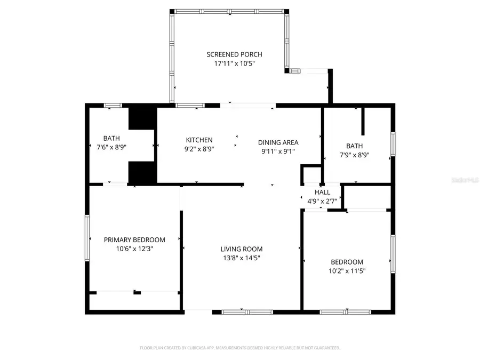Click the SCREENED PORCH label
pyautogui.click(x=234, y=54)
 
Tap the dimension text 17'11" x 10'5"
pyautogui.click(x=234, y=63)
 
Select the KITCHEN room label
pyautogui.click(x=199, y=140)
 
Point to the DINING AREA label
pyautogui.click(x=278, y=142)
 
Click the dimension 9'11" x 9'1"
pyautogui.click(x=278, y=151)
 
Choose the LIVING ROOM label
pyautogui.click(x=242, y=249)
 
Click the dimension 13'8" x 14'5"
pyautogui.click(x=242, y=258)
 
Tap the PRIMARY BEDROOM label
pyautogui.click(x=134, y=240)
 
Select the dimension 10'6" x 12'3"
pyautogui.click(x=134, y=249)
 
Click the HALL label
pyautogui.click(x=322, y=192)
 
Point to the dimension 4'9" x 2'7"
pyautogui.click(x=322, y=201)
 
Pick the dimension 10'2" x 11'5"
pyautogui.click(x=347, y=271)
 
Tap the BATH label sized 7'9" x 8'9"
pyautogui.click(x=354, y=146)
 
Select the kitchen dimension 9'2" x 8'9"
pyautogui.click(x=199, y=149)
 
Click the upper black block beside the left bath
pyautogui.click(x=142, y=118)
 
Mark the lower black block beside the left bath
pyautogui.click(x=142, y=173)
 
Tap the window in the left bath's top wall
pyautogui.click(x=112, y=105)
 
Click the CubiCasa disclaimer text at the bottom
pyautogui.click(x=240, y=348)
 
